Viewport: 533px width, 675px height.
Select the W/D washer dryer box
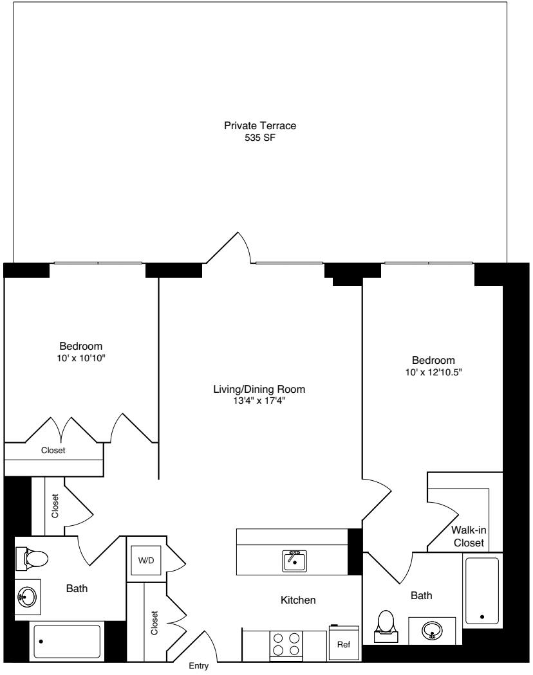click(146, 559)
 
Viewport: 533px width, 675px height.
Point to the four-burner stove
click(286, 643)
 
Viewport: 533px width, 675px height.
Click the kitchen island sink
click(295, 561)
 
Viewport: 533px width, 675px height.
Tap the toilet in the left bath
click(32, 558)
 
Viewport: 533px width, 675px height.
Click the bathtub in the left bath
click(67, 642)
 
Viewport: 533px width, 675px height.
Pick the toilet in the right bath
click(386, 623)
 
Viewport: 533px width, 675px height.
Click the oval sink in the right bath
click(431, 630)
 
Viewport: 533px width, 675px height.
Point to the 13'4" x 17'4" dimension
click(259, 401)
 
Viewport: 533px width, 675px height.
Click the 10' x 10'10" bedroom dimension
click(81, 357)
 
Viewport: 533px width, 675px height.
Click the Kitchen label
click(298, 600)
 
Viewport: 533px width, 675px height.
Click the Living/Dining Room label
click(259, 389)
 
